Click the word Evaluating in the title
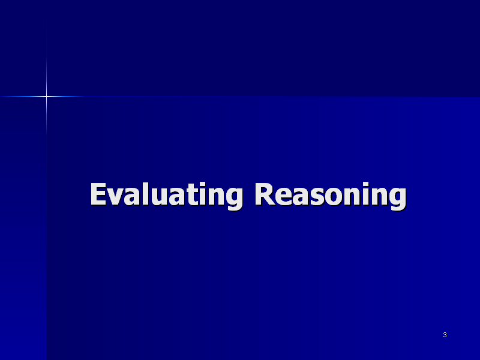click(167, 195)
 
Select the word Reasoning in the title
click(331, 195)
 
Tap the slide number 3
click(445, 335)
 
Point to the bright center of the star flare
click(47, 97)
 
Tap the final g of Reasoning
click(398, 199)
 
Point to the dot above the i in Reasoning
click(366, 184)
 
